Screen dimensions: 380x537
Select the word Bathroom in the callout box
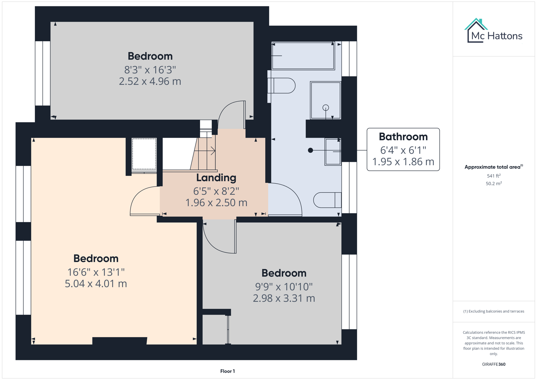pyautogui.click(x=403, y=137)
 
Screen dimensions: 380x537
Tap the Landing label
pyautogui.click(x=216, y=178)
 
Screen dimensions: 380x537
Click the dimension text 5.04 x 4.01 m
pyautogui.click(x=96, y=284)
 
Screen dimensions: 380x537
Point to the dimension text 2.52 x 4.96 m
pyautogui.click(x=150, y=81)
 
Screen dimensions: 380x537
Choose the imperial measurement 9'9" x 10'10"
pyautogui.click(x=284, y=287)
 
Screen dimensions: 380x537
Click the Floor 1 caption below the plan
pyautogui.click(x=228, y=371)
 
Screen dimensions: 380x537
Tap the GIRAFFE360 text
pyautogui.click(x=493, y=364)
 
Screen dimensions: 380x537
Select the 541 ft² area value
pyautogui.click(x=493, y=176)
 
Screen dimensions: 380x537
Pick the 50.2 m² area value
pyautogui.click(x=493, y=184)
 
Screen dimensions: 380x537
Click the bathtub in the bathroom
pyautogui.click(x=303, y=56)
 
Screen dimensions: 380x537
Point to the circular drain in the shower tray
pyautogui.click(x=326, y=108)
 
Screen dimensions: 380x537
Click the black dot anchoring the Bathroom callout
pyautogui.click(x=310, y=150)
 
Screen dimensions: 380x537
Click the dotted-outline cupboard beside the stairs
pyautogui.click(x=144, y=154)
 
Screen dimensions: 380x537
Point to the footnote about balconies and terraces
pyautogui.click(x=493, y=311)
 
